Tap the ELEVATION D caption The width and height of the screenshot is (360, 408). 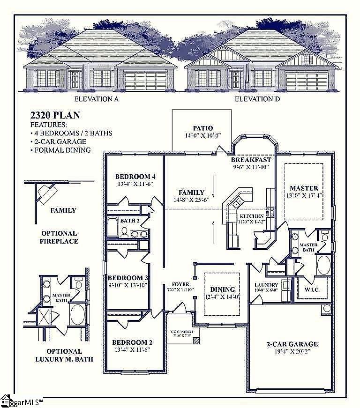(x=260, y=99)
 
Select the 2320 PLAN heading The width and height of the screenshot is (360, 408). (x=55, y=115)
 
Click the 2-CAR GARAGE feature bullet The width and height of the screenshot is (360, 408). (x=60, y=141)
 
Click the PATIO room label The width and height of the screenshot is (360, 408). (x=202, y=128)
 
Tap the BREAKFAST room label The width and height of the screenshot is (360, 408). (x=251, y=159)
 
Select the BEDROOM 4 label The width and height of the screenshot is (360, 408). (x=135, y=177)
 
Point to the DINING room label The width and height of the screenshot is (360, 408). (x=223, y=289)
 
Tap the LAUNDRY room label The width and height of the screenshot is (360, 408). (x=266, y=285)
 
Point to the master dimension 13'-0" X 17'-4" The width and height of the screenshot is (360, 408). (x=304, y=195)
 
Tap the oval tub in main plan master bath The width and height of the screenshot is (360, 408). (x=324, y=265)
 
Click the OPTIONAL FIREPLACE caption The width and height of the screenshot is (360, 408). (x=59, y=237)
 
